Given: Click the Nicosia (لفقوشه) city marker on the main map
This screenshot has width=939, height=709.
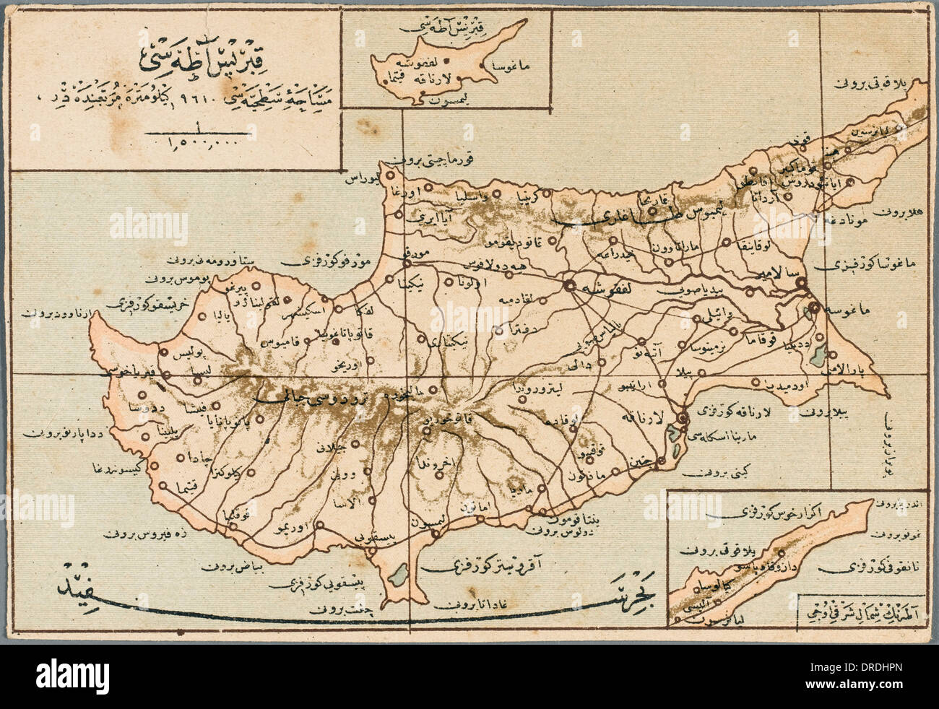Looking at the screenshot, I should click(x=570, y=284).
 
